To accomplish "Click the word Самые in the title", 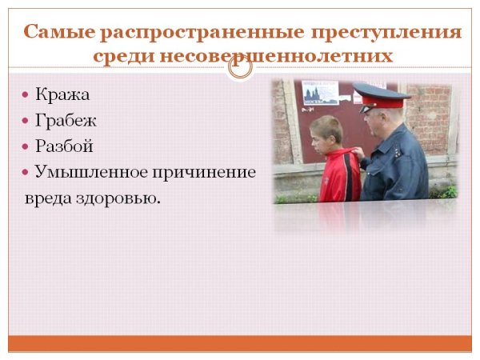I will [56, 33].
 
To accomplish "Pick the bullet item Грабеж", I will [66, 121].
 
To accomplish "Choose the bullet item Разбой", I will [65, 146].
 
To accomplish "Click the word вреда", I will [47, 196].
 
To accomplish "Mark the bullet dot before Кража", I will [26, 95].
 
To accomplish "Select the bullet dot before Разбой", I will [26, 146].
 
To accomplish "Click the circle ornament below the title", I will [239, 67].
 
